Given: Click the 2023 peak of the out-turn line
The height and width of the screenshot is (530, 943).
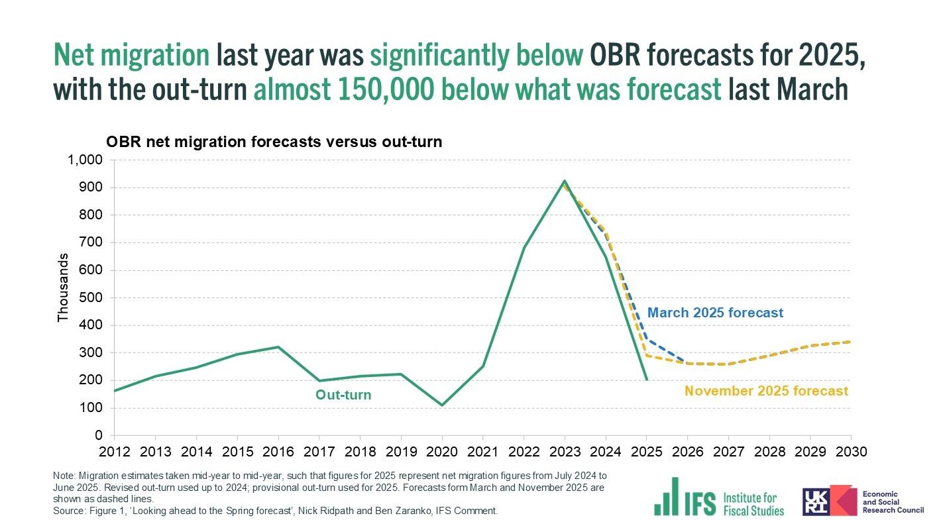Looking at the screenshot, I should click(x=565, y=180).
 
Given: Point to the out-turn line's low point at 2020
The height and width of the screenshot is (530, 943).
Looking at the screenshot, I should click(x=442, y=405).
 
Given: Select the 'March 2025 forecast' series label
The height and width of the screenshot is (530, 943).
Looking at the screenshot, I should click(x=715, y=313).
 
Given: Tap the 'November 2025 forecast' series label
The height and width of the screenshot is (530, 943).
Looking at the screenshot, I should click(x=766, y=391).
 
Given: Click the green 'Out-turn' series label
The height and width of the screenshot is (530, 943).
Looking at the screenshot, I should click(x=343, y=396).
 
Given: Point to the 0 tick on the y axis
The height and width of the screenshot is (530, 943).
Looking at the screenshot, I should click(x=99, y=435).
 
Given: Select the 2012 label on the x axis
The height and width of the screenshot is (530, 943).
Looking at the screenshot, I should click(x=114, y=451).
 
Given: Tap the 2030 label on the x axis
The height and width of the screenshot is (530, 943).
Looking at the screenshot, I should click(x=850, y=451).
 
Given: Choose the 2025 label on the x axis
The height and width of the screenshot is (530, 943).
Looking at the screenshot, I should click(x=646, y=451).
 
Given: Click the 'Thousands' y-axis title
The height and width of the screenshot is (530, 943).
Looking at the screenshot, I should click(x=63, y=288).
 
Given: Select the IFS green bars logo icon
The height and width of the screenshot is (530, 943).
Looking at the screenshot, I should click(x=666, y=497).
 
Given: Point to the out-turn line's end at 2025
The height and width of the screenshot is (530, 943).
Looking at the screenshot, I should click(x=647, y=380).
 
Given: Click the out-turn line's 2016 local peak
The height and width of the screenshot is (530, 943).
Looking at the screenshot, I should click(x=278, y=347).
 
